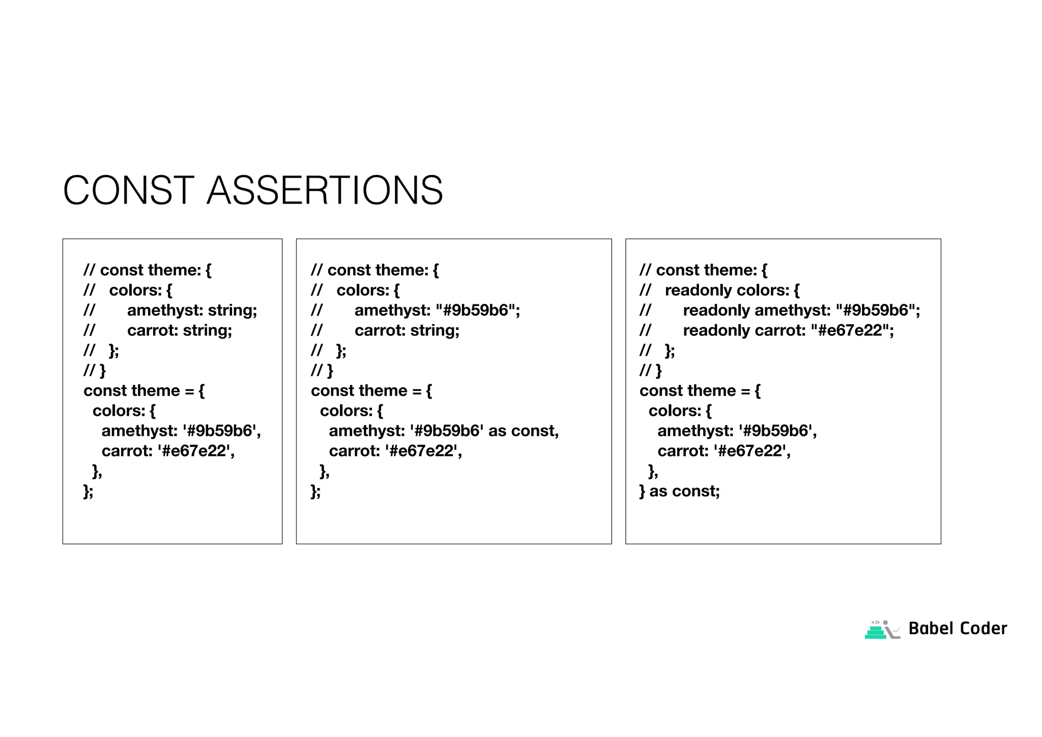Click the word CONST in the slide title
click(x=128, y=190)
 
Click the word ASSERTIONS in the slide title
click(x=325, y=190)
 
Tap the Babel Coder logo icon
click(x=882, y=630)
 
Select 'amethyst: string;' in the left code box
click(x=192, y=310)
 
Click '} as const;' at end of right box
click(x=679, y=491)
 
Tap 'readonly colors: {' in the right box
click(x=732, y=290)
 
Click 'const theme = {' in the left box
click(x=144, y=390)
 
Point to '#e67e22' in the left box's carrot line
click(x=193, y=451)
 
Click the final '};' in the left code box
click(x=89, y=491)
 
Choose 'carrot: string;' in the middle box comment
click(x=407, y=330)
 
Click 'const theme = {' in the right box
click(x=700, y=390)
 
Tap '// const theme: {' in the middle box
click(x=374, y=270)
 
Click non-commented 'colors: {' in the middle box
click(x=351, y=411)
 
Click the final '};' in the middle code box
click(x=315, y=491)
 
